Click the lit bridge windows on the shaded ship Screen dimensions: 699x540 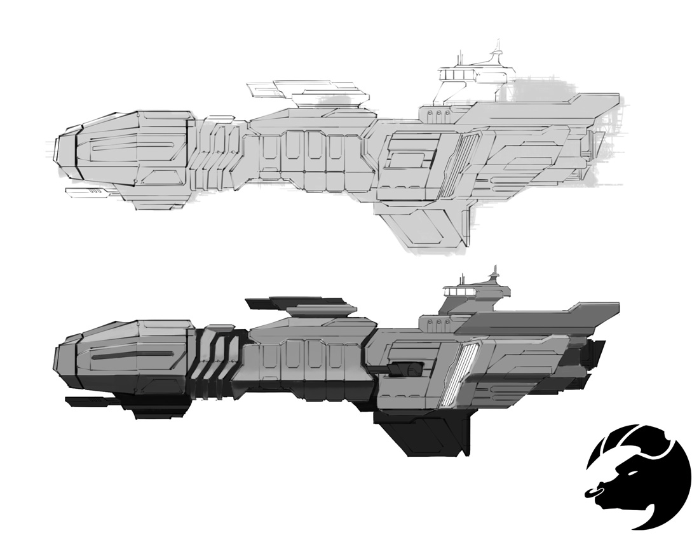point(459,290)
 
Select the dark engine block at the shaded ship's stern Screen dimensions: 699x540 point(595,362)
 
